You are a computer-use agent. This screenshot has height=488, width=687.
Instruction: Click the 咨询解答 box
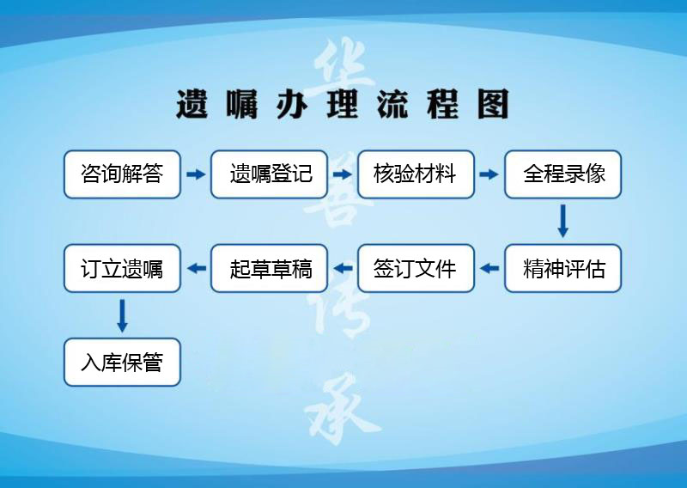(122, 174)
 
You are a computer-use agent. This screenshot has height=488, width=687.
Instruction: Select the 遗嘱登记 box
(269, 174)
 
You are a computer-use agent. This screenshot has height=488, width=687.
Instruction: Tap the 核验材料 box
(416, 174)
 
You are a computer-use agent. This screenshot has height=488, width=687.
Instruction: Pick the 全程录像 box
(563, 174)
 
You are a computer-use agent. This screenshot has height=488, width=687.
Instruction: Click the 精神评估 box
(563, 268)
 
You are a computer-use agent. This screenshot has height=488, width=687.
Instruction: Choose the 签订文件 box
(416, 268)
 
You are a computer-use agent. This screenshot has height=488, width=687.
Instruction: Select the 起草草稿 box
(269, 268)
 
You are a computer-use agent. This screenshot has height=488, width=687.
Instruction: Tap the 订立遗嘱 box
(122, 268)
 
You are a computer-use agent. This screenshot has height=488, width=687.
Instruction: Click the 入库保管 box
(122, 363)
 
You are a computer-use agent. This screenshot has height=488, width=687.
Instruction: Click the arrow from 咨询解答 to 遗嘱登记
(196, 174)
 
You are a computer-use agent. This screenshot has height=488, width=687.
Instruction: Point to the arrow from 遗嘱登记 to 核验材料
(342, 174)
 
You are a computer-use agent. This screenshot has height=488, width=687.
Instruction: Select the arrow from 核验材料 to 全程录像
(489, 174)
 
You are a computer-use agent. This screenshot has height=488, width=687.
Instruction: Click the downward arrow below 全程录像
(563, 221)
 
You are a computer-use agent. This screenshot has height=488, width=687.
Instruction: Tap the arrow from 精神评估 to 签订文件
(489, 268)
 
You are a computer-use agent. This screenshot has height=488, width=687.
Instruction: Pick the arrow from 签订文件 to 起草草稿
(343, 268)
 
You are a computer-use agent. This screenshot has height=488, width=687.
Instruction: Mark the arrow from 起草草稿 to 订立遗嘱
(197, 268)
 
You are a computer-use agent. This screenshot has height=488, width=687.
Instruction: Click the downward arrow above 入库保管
(122, 315)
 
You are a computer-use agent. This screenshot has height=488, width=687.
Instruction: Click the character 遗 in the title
(192, 104)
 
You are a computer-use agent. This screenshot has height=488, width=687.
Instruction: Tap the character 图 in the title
(493, 104)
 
